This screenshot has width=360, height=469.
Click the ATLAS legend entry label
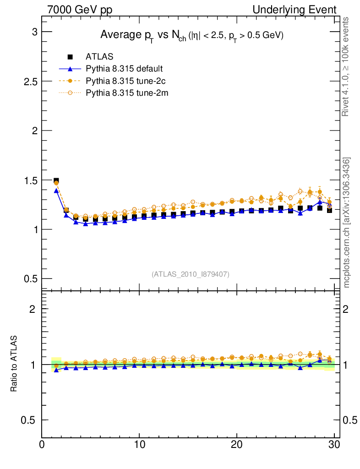tap(99, 57)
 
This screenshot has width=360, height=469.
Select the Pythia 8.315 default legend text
tap(124, 69)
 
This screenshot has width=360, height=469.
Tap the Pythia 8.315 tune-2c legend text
tap(125, 81)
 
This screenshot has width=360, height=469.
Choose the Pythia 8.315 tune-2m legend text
tap(125, 93)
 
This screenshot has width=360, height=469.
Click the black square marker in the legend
tap(71, 57)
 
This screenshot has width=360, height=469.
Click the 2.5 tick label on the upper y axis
tap(30, 81)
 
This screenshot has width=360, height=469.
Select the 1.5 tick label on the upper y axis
tap(30, 180)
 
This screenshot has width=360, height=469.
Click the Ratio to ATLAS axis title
tap(14, 364)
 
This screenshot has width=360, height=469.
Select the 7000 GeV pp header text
tap(79, 10)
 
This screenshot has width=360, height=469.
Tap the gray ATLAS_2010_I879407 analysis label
tap(191, 274)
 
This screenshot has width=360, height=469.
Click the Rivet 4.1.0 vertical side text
tap(347, 66)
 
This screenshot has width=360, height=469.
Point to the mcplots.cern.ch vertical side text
tap(347, 223)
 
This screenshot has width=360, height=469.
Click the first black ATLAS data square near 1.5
tap(56, 181)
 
